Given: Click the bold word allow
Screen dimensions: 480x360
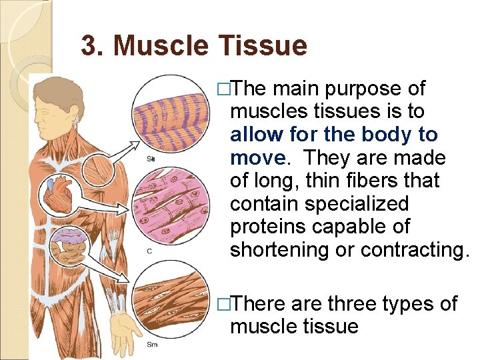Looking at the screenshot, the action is [257, 135].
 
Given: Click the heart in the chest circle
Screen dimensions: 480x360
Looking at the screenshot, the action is [59, 194].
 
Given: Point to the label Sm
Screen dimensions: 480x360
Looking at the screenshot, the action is [153, 344].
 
